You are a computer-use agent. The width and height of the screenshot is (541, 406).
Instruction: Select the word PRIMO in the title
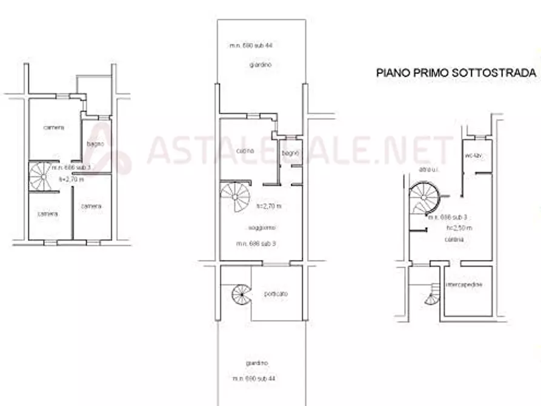point(428,73)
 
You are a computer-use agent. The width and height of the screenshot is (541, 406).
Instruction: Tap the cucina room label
point(245,150)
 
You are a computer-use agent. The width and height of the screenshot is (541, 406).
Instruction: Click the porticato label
point(276,294)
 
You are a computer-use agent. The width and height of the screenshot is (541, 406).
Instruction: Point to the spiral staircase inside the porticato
point(241,296)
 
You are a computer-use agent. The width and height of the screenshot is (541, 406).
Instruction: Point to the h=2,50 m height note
point(459,228)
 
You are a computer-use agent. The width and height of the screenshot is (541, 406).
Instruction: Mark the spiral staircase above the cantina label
point(426,201)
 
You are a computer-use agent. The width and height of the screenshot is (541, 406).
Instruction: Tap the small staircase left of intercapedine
point(434,294)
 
